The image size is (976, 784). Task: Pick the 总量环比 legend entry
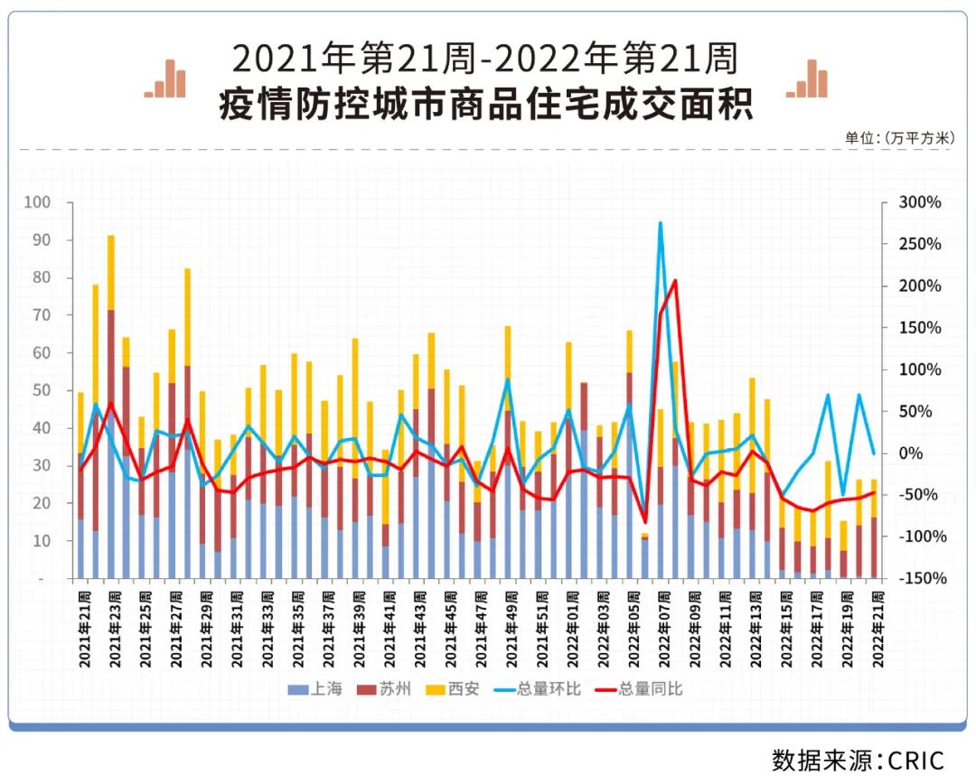(536, 689)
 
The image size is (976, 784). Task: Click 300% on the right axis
(920, 202)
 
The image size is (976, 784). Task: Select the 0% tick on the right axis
(912, 453)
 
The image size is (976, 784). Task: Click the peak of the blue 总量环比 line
(661, 222)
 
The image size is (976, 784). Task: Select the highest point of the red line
(675, 281)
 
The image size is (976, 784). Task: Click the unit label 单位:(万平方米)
(898, 138)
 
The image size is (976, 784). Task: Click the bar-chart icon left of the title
(165, 79)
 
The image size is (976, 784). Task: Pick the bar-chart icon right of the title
(807, 79)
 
